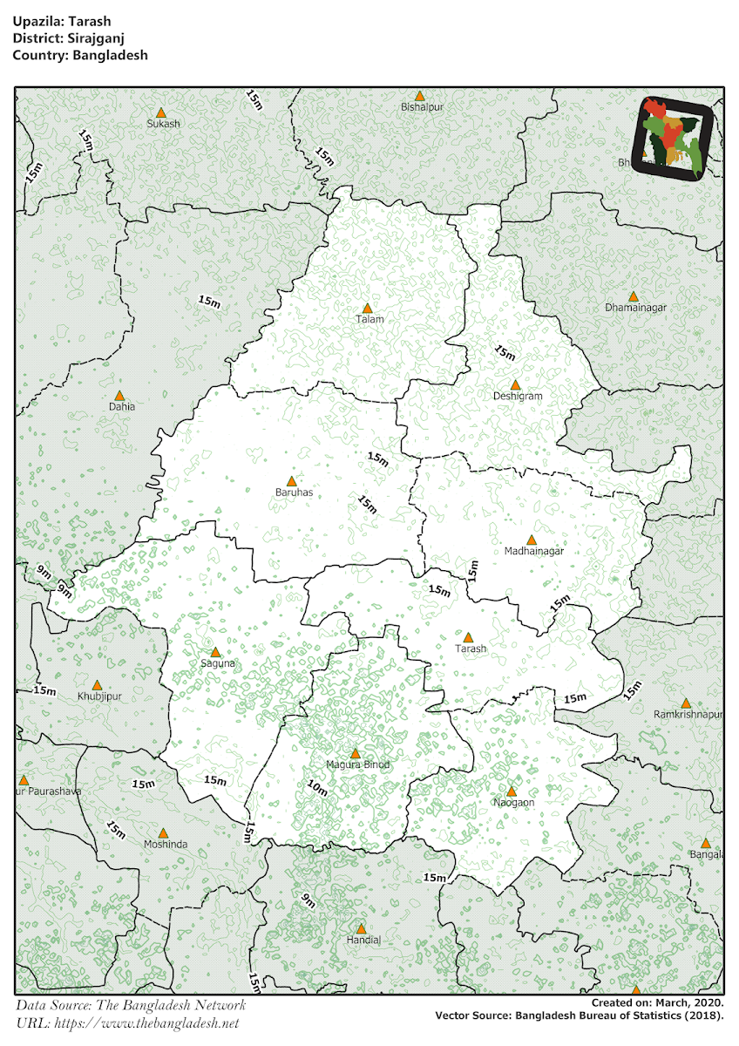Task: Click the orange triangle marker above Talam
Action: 368,309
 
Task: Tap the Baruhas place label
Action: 293,492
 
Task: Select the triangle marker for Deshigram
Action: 515,384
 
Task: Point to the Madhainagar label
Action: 534,551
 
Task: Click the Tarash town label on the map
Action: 471,649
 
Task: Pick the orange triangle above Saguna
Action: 216,652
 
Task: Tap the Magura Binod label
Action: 357,764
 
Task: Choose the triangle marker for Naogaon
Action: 512,791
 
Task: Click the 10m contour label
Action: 317,790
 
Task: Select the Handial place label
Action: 364,940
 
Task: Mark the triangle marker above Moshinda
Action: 162,832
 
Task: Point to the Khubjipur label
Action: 96,696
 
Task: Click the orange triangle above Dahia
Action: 120,395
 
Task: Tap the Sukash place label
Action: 163,124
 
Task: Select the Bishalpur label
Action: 423,107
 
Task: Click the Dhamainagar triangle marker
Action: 634,296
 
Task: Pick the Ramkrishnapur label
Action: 688,714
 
